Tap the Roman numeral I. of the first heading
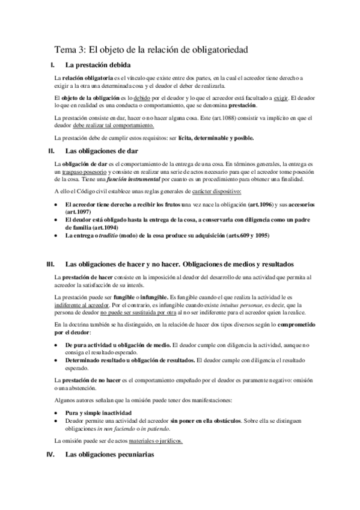click(x=53, y=65)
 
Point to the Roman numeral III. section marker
click(x=51, y=263)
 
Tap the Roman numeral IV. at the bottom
click(x=51, y=455)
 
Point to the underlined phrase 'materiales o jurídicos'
click(x=154, y=441)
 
